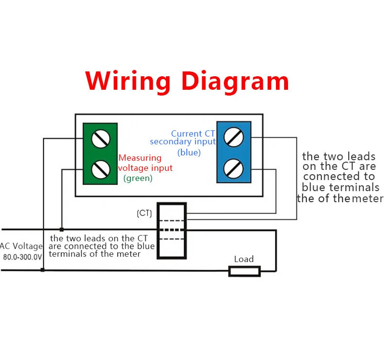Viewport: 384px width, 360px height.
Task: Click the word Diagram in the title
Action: [235, 81]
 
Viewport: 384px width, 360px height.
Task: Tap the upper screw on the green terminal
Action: [100, 139]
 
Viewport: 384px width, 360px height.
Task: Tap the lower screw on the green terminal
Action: [100, 168]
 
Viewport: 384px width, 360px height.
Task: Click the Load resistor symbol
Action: [245, 271]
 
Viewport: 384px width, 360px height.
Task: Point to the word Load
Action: [244, 259]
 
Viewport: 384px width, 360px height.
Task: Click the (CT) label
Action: [145, 213]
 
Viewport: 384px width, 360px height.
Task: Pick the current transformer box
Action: [171, 230]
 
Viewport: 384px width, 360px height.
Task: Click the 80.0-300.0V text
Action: [23, 257]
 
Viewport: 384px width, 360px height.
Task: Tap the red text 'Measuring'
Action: [140, 158]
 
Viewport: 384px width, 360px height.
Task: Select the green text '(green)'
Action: [138, 178]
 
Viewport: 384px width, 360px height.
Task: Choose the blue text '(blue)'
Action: [189, 152]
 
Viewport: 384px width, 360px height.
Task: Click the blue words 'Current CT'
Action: [193, 133]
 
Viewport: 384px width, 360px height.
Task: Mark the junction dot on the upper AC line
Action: [61, 229]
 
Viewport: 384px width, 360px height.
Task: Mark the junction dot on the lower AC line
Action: [42, 270]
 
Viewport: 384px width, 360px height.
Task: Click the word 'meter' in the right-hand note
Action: [368, 198]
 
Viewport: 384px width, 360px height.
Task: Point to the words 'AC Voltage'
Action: [21, 246]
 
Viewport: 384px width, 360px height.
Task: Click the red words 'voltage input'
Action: [145, 168]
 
